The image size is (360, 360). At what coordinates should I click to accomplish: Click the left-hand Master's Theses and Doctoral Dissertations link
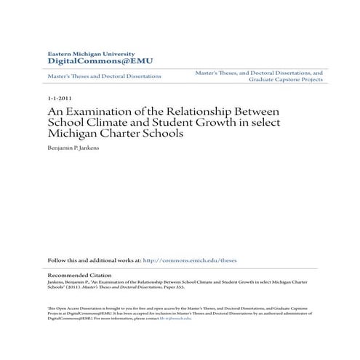[104, 76]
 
